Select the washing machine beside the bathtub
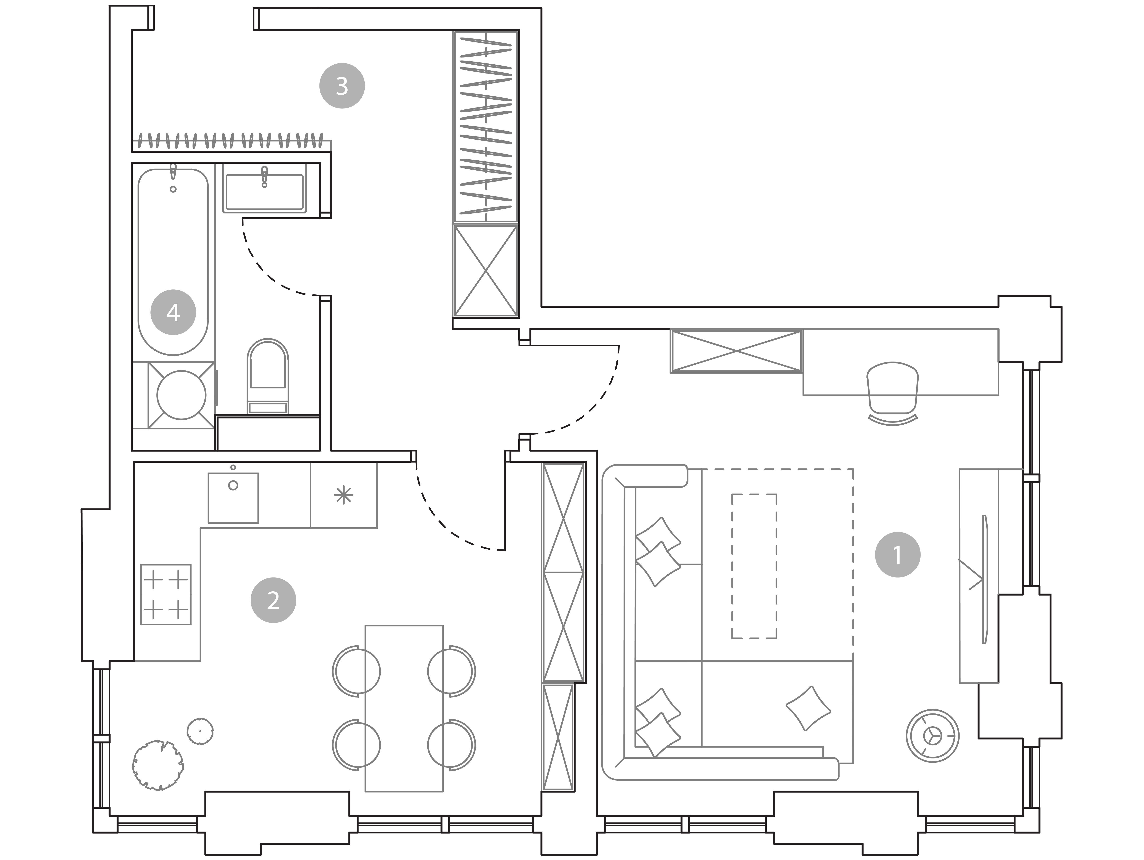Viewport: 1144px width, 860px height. click(181, 395)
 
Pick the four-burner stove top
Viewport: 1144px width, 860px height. click(165, 594)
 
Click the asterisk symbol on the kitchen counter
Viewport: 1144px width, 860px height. click(343, 495)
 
